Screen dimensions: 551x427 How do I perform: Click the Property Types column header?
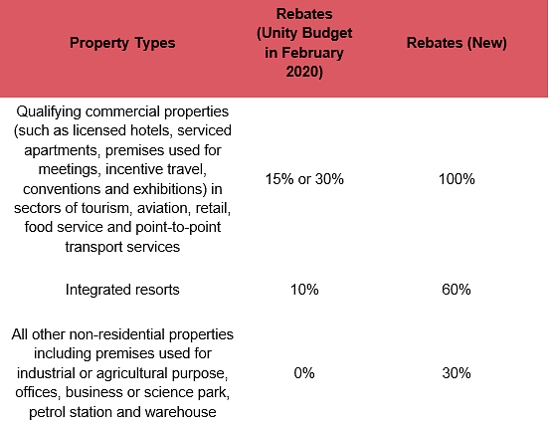[x=122, y=43]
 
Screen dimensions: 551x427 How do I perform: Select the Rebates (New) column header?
[x=457, y=43]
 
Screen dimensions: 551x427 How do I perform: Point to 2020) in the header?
[x=304, y=72]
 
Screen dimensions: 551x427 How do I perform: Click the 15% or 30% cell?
[x=304, y=179]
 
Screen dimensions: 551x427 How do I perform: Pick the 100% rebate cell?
[x=457, y=179]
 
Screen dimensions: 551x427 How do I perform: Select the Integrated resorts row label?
[x=122, y=290]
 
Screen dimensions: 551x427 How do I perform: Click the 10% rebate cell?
[x=304, y=290]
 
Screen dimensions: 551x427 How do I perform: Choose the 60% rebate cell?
[x=457, y=290]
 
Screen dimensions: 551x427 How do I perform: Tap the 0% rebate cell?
[x=304, y=373]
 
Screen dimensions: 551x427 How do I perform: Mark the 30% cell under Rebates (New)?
[x=457, y=373]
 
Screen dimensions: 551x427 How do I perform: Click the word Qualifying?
[x=49, y=112]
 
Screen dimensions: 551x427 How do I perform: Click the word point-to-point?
[x=178, y=228]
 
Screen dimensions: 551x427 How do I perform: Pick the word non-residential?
[x=117, y=334]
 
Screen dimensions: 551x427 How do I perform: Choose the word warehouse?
[x=181, y=412]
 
